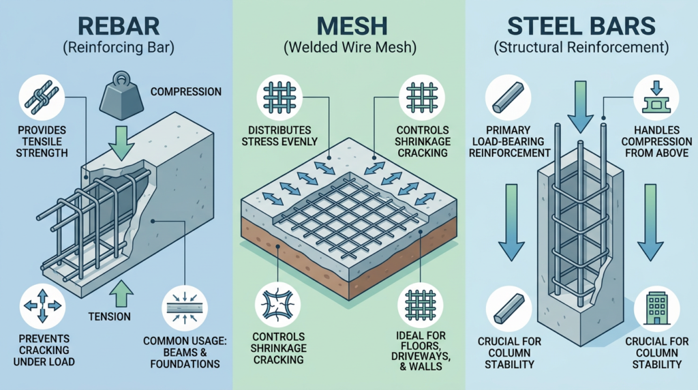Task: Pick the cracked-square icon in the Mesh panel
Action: click(x=278, y=303)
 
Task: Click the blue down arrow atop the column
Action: click(x=581, y=109)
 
